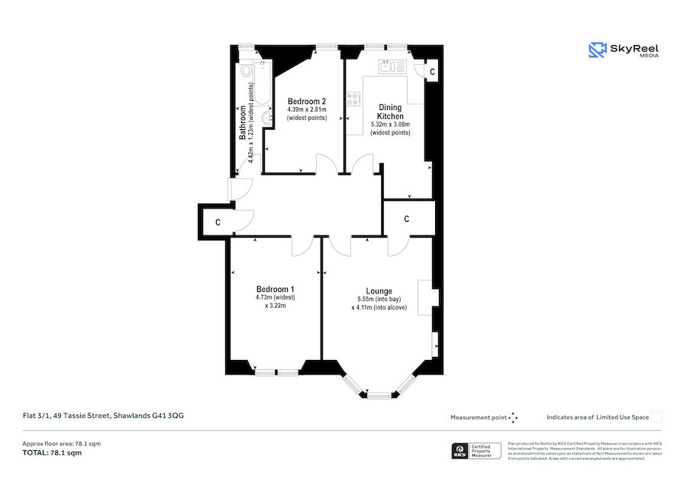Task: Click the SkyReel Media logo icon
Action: (596, 50)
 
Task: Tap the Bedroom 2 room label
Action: (307, 101)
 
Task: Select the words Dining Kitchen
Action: (390, 112)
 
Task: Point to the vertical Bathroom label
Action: (243, 122)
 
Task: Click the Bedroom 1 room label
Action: (275, 289)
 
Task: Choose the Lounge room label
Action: (379, 291)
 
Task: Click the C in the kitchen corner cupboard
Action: (431, 71)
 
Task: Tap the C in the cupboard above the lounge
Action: (407, 219)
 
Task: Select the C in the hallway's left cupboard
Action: (218, 222)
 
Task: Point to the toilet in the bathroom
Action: (246, 72)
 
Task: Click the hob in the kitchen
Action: (353, 99)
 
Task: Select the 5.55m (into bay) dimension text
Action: (379, 300)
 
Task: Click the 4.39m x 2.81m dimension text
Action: (307, 110)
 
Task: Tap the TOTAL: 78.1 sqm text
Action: (52, 453)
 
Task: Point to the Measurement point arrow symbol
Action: (513, 417)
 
